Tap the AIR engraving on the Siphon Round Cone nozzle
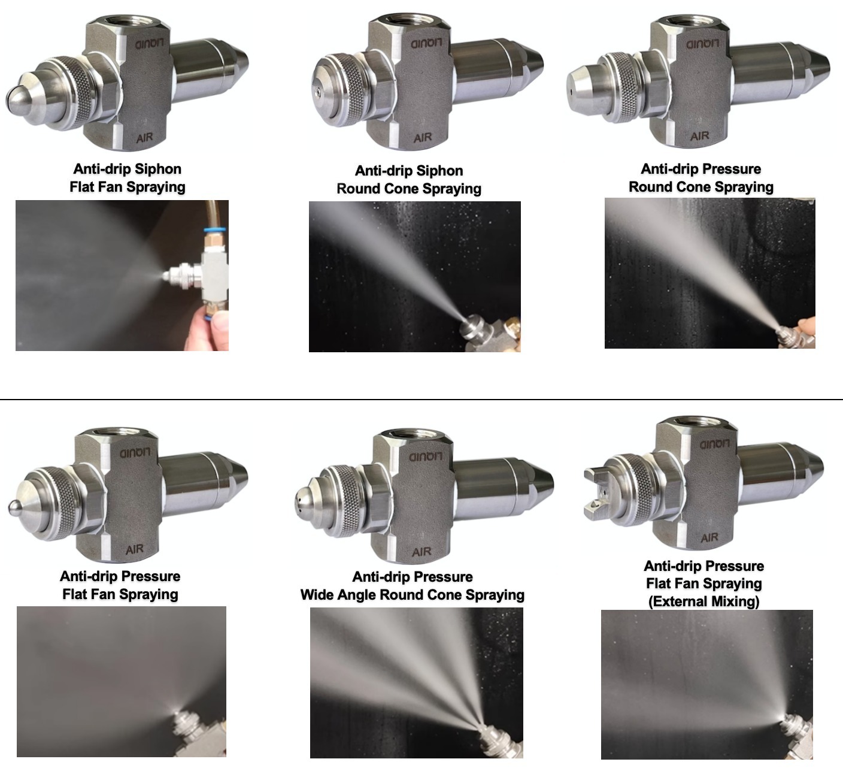click(423, 137)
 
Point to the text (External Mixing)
click(703, 601)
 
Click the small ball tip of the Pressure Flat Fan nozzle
click(13, 507)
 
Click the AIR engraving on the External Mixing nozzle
click(709, 537)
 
